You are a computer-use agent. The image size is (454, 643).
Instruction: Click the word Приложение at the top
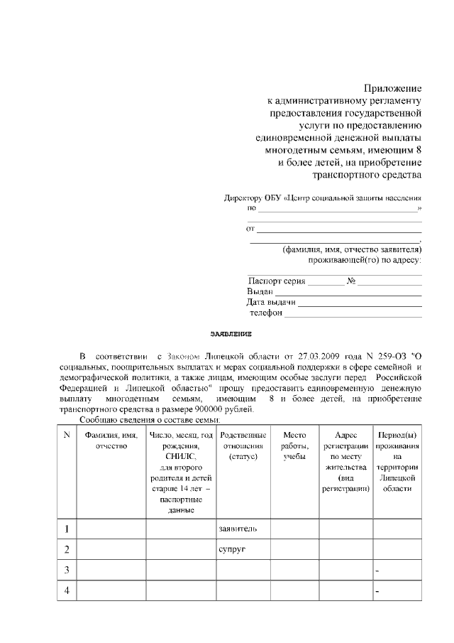[393, 88]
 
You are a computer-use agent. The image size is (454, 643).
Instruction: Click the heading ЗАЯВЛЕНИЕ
[231, 333]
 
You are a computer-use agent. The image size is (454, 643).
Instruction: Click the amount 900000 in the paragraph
[202, 409]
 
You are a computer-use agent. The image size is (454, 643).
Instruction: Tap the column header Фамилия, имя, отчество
[110, 441]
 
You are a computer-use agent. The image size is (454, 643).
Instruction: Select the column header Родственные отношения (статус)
[243, 445]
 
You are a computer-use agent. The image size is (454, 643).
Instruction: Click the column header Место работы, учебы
[294, 445]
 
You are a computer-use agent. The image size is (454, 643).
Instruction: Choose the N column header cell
[66, 435]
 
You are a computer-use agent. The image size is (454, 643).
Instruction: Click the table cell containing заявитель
[243, 529]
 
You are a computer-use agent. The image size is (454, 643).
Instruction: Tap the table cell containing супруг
[243, 549]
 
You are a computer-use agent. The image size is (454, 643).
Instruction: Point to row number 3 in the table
[66, 571]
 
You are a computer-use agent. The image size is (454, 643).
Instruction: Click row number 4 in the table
[66, 591]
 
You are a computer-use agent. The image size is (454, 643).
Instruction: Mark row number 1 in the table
[66, 529]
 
